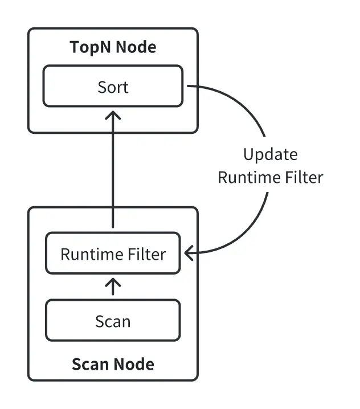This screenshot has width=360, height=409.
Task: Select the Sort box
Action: coord(113,87)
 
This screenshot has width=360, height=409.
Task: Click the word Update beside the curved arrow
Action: coord(270,154)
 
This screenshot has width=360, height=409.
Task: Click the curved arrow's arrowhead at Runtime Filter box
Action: coord(188,252)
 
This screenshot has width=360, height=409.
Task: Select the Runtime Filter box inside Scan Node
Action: coord(113,253)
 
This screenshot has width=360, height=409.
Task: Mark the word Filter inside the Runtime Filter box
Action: coord(148,253)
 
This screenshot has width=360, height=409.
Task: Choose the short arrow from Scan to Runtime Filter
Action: coord(113,287)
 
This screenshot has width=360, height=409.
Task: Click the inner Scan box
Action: coord(113,321)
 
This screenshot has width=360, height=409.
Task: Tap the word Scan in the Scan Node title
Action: coord(90,363)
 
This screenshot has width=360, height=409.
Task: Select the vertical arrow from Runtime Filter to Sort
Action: coord(113,171)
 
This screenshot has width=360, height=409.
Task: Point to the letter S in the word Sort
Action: coord(101,87)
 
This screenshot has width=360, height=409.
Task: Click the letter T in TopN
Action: coord(74,47)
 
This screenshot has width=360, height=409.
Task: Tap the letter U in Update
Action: coord(248,154)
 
